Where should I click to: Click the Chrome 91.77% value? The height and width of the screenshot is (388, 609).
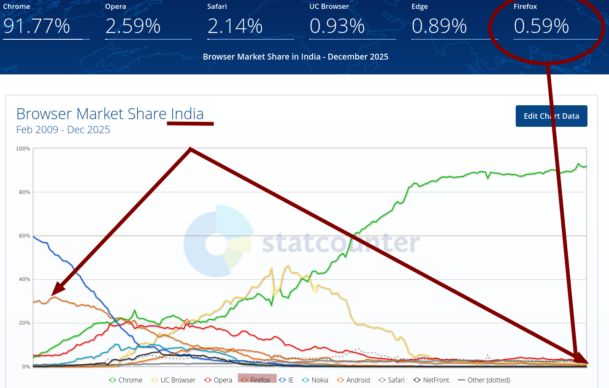(37, 26)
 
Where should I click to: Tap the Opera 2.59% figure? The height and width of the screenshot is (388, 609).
(133, 26)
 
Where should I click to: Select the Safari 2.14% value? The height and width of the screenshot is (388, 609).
(235, 26)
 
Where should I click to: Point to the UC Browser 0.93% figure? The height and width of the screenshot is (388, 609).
(337, 26)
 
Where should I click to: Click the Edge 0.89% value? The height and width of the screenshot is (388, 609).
(439, 26)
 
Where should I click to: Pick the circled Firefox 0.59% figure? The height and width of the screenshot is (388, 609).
(541, 26)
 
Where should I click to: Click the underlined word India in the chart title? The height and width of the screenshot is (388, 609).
(187, 114)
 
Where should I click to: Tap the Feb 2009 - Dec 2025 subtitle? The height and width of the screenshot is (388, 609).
(63, 130)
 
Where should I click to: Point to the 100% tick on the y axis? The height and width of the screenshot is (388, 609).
(23, 149)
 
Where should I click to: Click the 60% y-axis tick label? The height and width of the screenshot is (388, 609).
(24, 236)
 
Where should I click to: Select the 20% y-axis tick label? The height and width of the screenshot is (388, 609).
(24, 323)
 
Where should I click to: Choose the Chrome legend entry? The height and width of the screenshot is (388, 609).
(126, 380)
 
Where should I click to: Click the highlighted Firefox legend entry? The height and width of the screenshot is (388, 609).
(257, 380)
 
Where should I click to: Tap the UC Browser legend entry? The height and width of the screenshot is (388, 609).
(173, 380)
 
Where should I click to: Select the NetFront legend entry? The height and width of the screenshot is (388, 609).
(431, 380)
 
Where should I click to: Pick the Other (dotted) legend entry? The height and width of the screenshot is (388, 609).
(484, 380)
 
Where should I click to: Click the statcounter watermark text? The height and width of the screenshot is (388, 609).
(341, 243)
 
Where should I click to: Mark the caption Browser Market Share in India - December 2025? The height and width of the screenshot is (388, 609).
(295, 57)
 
